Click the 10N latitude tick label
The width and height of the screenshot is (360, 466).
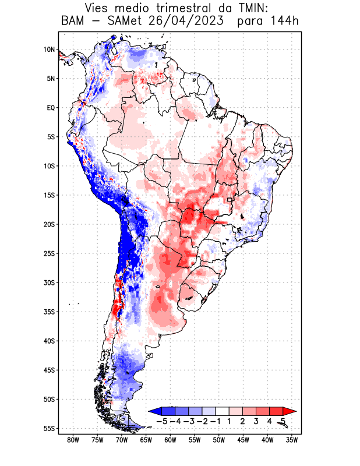tap(49, 50)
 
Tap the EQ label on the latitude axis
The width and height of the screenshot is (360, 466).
tap(51, 108)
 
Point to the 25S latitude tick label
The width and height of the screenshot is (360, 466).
tap(49, 253)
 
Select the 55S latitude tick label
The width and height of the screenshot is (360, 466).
tap(49, 429)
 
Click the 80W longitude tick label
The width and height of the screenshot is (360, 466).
tap(73, 440)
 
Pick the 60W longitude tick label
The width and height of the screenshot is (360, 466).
tap(170, 440)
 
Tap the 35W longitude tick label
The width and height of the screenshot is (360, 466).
tap(291, 440)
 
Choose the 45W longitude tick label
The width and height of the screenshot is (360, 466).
tap(243, 440)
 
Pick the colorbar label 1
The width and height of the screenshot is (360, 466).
tap(229, 421)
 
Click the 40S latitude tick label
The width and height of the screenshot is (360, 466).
tap(49, 341)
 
